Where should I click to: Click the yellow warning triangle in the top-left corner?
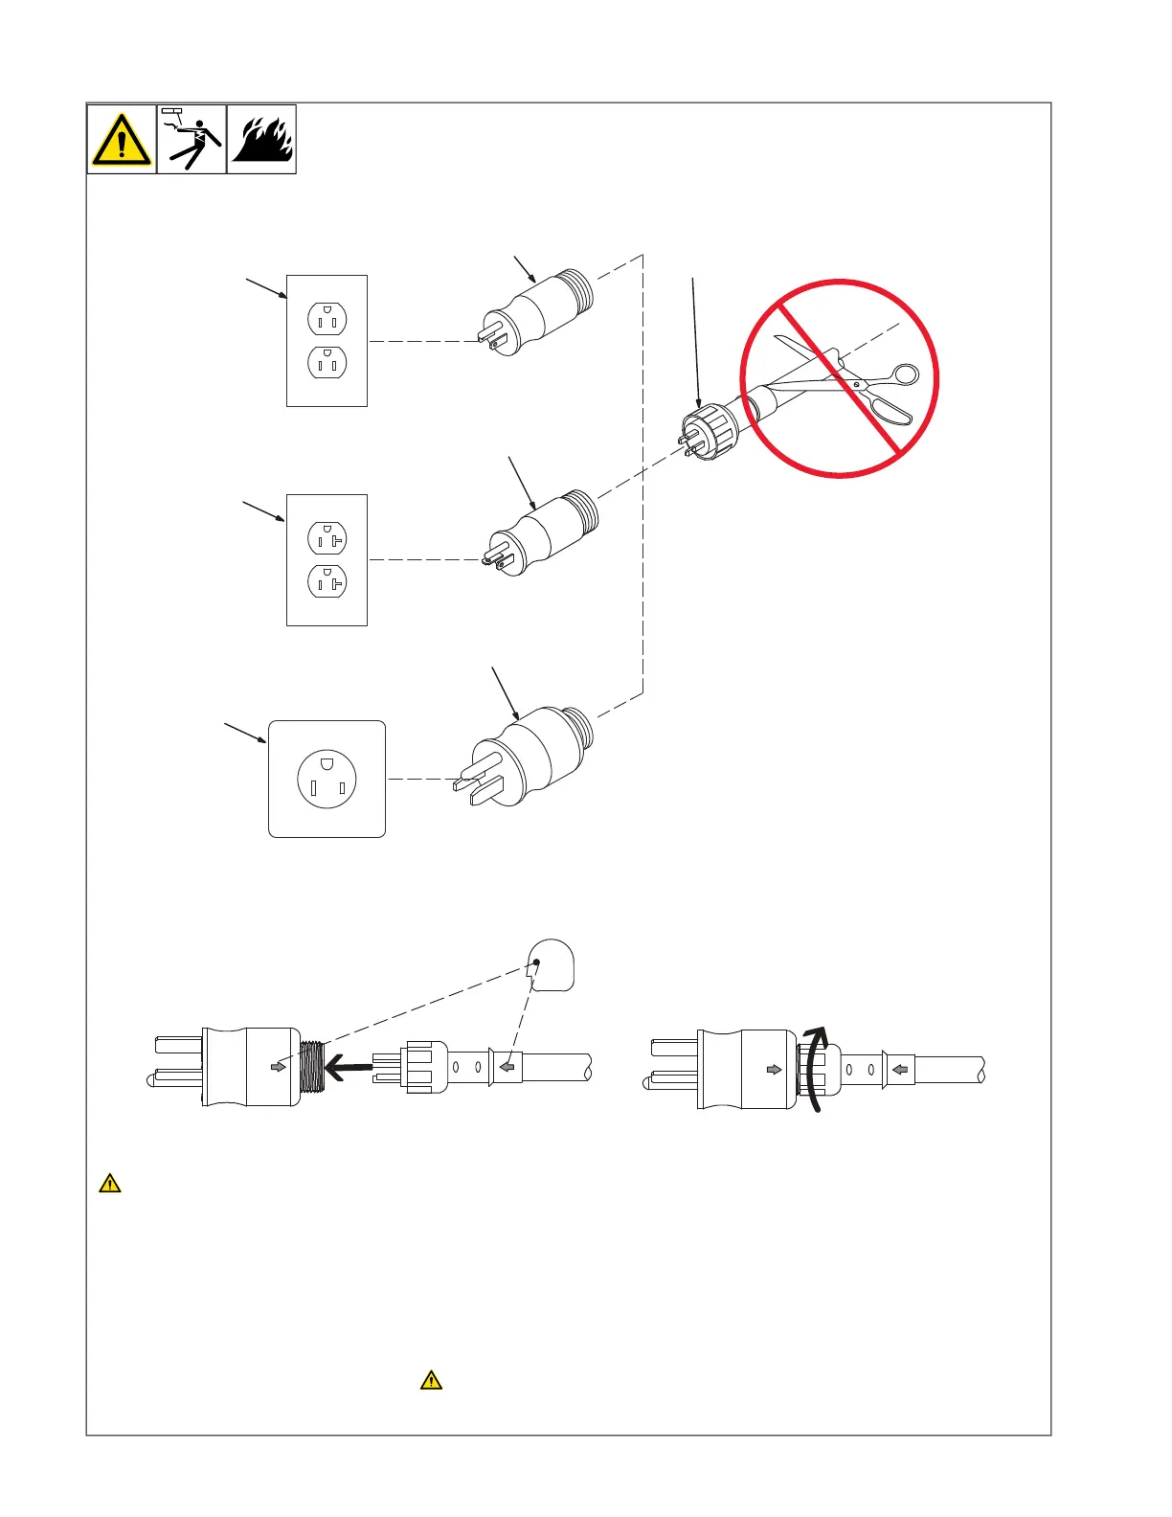(x=122, y=140)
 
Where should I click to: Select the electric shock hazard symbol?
(x=192, y=140)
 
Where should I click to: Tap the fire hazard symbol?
(x=261, y=140)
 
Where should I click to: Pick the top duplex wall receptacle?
(x=327, y=341)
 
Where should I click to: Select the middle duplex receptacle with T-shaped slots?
(x=327, y=560)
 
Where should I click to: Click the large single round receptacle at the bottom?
(x=327, y=779)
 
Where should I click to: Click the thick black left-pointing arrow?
(x=349, y=1066)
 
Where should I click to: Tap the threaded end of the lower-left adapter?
(x=312, y=1067)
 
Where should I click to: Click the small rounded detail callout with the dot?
(x=552, y=965)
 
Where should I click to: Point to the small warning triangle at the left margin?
(x=110, y=1184)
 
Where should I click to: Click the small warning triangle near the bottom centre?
(x=432, y=1380)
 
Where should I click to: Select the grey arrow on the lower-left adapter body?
(x=278, y=1067)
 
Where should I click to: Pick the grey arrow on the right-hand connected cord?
(x=899, y=1069)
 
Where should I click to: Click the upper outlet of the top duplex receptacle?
(x=327, y=319)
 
